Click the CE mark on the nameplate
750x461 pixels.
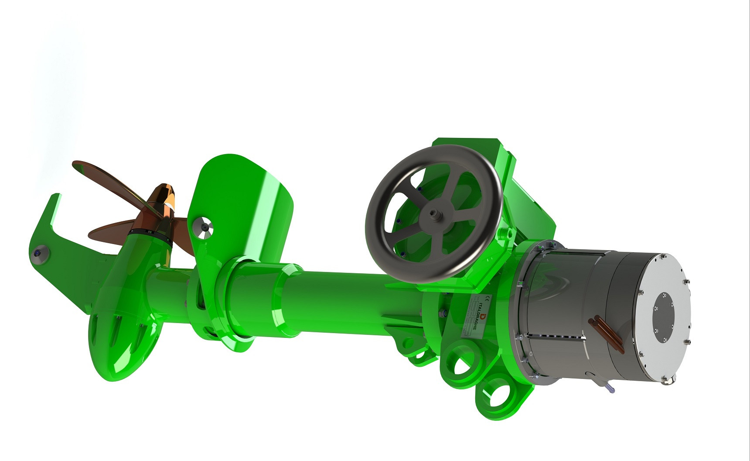tap(488, 298)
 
